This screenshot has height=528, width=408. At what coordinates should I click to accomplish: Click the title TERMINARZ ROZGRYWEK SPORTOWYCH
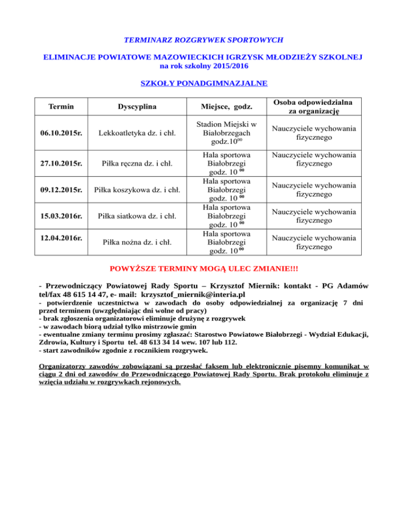pyautogui.click(x=203, y=40)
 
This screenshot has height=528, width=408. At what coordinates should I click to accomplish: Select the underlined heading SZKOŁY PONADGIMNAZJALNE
pyautogui.click(x=203, y=83)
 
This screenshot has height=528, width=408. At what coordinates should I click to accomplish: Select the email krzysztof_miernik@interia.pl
pyautogui.click(x=200, y=294)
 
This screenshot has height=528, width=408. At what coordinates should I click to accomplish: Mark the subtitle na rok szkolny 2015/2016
pyautogui.click(x=203, y=66)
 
